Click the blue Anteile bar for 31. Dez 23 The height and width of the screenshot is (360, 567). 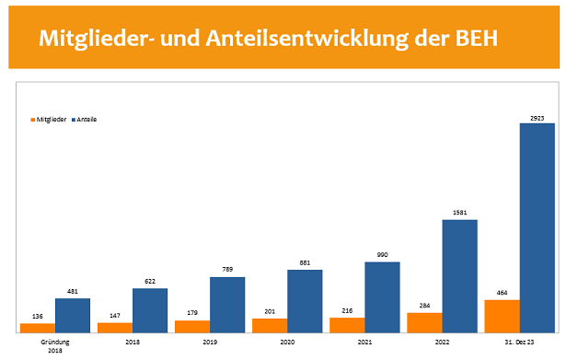point(538,227)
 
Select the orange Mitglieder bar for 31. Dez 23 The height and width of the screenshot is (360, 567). point(503,316)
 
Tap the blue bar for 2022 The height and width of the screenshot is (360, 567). point(460,275)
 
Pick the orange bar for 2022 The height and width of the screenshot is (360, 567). point(424,322)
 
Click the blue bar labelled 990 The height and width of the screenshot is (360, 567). point(382,296)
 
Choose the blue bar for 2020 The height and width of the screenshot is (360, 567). point(305,300)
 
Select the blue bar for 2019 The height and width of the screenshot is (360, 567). point(227,304)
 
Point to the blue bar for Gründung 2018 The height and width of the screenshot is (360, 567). point(73,315)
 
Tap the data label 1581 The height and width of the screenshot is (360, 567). point(460,214)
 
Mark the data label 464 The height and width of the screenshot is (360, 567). point(503,294)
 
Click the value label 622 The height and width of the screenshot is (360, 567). point(150,282)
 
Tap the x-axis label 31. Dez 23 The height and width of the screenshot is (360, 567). point(520,341)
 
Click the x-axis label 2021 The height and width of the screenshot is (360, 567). point(365,341)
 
